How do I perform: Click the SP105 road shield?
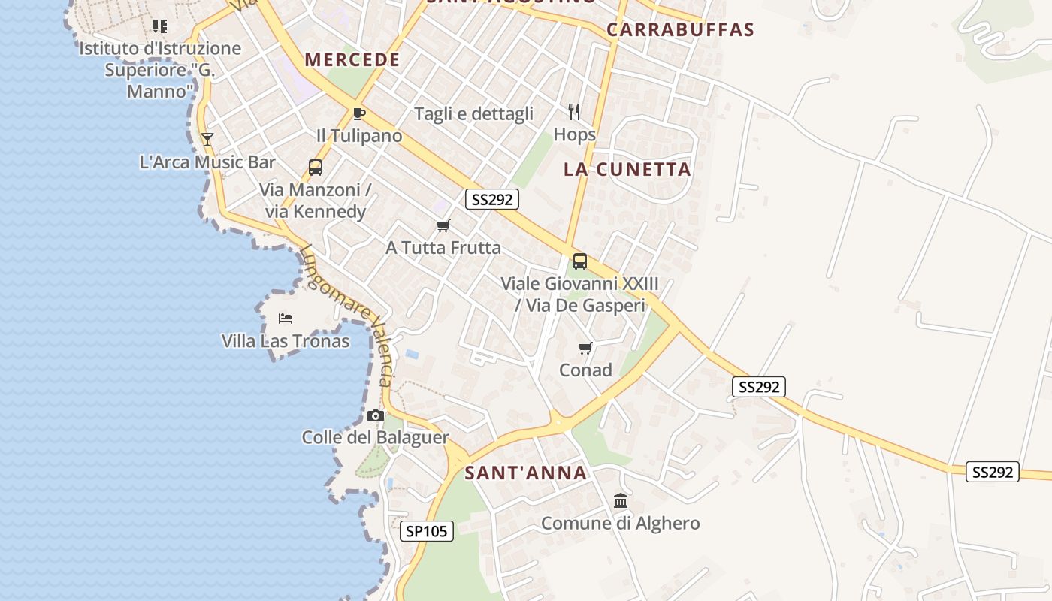click(426, 531)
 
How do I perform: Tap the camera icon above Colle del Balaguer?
click(376, 415)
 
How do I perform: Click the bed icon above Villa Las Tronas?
click(286, 319)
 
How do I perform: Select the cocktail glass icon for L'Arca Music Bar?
click(207, 139)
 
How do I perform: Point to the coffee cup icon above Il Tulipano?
click(359, 114)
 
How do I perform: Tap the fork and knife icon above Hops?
click(575, 112)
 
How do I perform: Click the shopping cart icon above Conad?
click(585, 348)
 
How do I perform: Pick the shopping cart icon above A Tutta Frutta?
click(443, 225)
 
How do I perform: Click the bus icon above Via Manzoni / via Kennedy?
click(316, 167)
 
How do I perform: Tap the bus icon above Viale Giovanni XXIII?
click(580, 261)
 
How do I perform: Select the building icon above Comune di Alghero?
click(621, 500)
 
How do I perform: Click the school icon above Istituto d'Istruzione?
click(160, 26)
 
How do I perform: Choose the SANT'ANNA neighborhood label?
click(525, 473)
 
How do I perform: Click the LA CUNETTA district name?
click(627, 169)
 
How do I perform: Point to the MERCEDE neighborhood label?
click(352, 60)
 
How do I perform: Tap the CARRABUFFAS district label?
click(680, 30)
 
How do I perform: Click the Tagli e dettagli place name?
click(474, 113)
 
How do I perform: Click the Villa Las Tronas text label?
click(286, 341)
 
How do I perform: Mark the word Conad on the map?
click(585, 370)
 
